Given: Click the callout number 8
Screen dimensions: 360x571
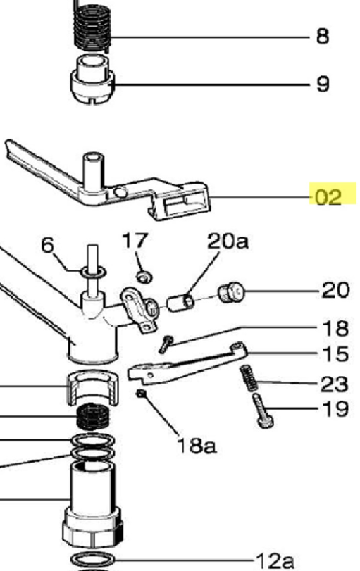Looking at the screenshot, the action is coord(322,37).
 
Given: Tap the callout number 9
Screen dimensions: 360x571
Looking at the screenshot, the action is coord(323,84).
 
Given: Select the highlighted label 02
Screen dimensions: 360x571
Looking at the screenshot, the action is coord(328,197).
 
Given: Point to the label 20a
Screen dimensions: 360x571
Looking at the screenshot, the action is coord(228,241).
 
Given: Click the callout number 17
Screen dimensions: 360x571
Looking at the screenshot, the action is coord(135,240).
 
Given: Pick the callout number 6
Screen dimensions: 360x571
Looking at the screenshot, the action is coord(48,245).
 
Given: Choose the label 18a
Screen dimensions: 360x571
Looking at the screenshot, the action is coord(197,446).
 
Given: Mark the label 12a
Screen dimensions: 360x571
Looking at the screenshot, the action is coord(275,560).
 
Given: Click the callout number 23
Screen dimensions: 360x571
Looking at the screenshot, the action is coord(335,384).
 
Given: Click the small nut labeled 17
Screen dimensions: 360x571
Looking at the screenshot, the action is coord(145,277).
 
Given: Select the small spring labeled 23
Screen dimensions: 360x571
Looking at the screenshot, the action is coord(249,378).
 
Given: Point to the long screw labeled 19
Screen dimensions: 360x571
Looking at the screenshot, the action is coord(262,411).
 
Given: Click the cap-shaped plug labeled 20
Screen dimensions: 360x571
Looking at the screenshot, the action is coord(231,293).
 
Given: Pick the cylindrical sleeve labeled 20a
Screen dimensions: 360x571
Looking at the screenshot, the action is coord(180,303).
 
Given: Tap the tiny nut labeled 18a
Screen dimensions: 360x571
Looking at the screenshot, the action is coord(141,394).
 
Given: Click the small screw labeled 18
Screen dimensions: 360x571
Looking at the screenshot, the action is coord(166,344).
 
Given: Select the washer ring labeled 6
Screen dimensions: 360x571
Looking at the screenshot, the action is coord(93,272).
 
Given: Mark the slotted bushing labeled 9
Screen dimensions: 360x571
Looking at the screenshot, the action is coord(92,80).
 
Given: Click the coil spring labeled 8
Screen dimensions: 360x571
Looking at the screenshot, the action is coord(92,25).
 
